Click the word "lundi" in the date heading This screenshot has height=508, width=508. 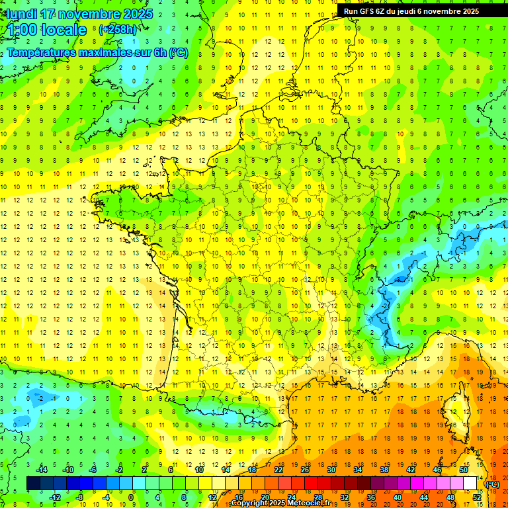click(21, 13)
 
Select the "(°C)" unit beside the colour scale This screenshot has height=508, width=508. click(493, 484)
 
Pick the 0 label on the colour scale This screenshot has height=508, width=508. click(131, 497)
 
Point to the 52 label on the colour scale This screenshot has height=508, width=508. click(477, 497)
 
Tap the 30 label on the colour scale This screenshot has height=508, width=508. click(331, 470)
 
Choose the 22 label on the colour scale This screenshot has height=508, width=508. click(278, 470)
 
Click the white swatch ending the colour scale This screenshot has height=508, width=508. click(470, 484)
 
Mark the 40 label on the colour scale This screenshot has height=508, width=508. click(398, 497)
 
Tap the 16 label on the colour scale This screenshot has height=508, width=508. click(239, 497)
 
